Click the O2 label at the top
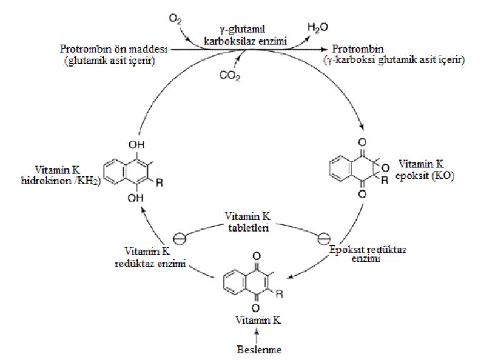tap(175, 20)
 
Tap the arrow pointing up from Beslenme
tap(256, 335)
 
